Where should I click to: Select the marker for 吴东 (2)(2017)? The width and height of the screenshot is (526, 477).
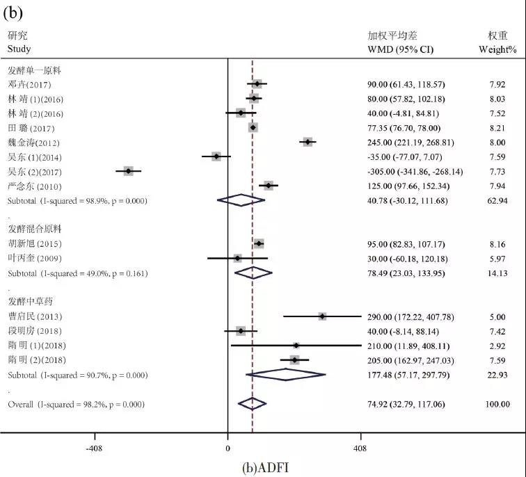coord(128,171)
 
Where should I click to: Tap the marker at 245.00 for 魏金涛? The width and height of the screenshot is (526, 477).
coord(308,142)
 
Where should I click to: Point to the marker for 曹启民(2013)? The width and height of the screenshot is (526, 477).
coord(322,316)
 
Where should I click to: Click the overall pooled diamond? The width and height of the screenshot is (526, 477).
coord(252,403)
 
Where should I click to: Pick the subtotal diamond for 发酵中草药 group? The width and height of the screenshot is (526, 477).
coord(286,375)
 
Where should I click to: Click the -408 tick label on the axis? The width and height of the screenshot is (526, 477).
coord(94,449)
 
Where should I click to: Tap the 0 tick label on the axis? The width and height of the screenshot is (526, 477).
coord(228,449)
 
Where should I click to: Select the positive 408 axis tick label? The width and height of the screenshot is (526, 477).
coord(360,449)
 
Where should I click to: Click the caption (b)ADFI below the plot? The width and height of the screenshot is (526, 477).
coord(264,467)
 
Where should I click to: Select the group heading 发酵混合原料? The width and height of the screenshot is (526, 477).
coord(35,229)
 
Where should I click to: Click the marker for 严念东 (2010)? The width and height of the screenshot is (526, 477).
coord(269,186)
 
